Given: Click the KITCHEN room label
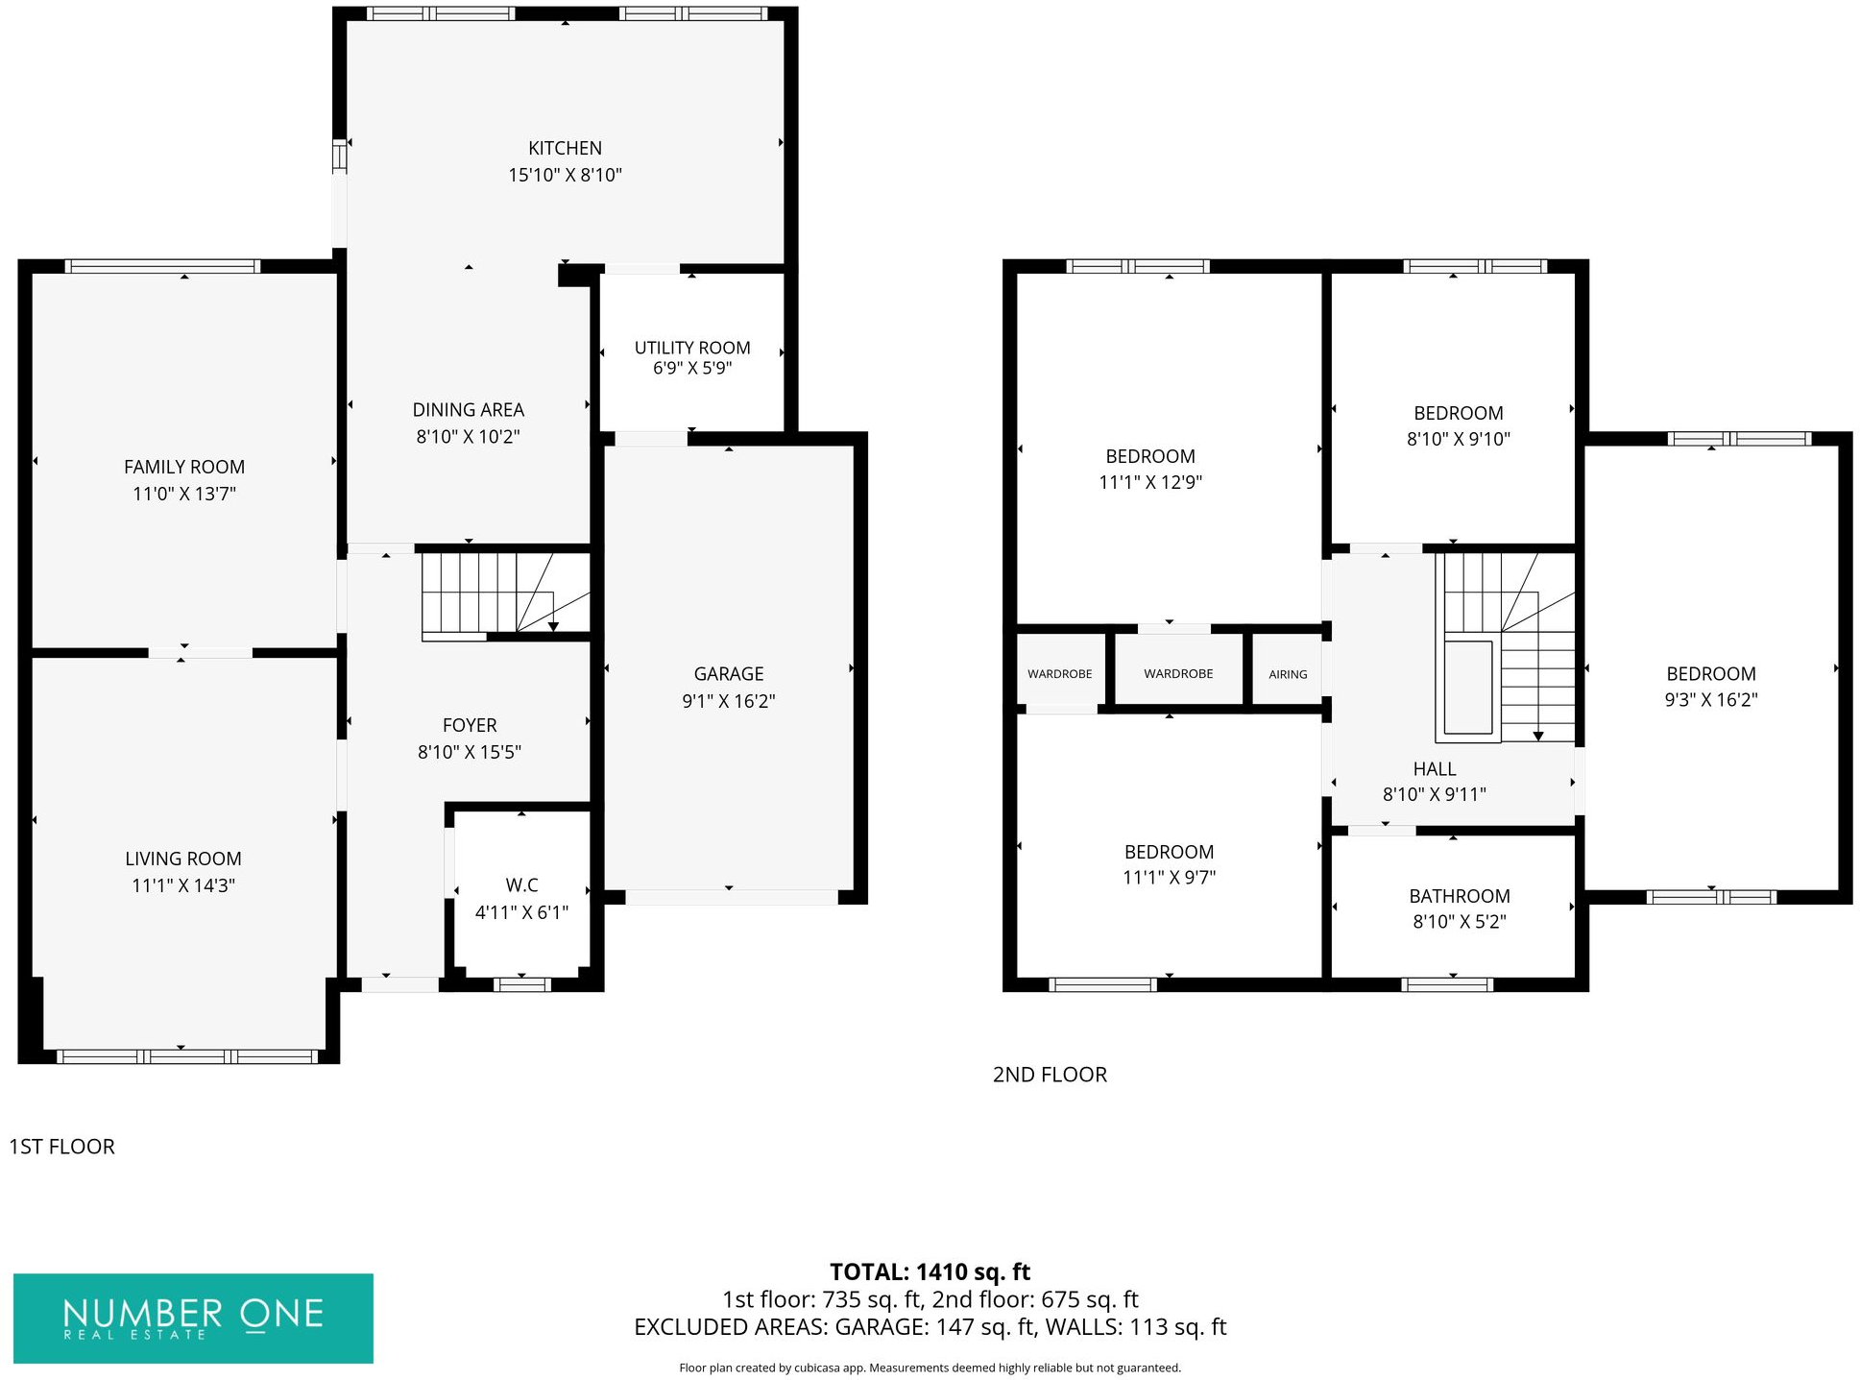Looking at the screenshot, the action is (565, 148).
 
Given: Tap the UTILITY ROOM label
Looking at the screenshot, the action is (692, 348).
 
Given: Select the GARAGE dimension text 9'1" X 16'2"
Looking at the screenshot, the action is (729, 701).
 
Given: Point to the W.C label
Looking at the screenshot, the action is (521, 885).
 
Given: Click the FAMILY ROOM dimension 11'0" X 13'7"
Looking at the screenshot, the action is (184, 494).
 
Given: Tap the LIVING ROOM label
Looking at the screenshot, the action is (183, 859).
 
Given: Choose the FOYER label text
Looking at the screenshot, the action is (470, 725).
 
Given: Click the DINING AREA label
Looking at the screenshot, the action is (469, 410).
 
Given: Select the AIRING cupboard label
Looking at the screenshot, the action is (1288, 674).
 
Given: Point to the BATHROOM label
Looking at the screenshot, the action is (1460, 896).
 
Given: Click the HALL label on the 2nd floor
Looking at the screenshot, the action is (1435, 769).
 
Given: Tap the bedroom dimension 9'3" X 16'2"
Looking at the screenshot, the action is (1711, 700).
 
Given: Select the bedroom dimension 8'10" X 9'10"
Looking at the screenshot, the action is (1459, 439).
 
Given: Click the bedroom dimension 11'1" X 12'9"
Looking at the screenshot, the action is (1150, 482).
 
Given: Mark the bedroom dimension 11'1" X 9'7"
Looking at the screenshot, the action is (1170, 877).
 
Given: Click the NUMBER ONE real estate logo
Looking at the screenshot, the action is (193, 1319).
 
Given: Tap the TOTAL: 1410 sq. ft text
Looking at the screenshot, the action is (930, 1272).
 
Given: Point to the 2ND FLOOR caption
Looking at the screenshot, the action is (1050, 1075).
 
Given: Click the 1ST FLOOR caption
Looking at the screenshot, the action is (61, 1147).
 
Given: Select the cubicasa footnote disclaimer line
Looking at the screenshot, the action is (930, 1368).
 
